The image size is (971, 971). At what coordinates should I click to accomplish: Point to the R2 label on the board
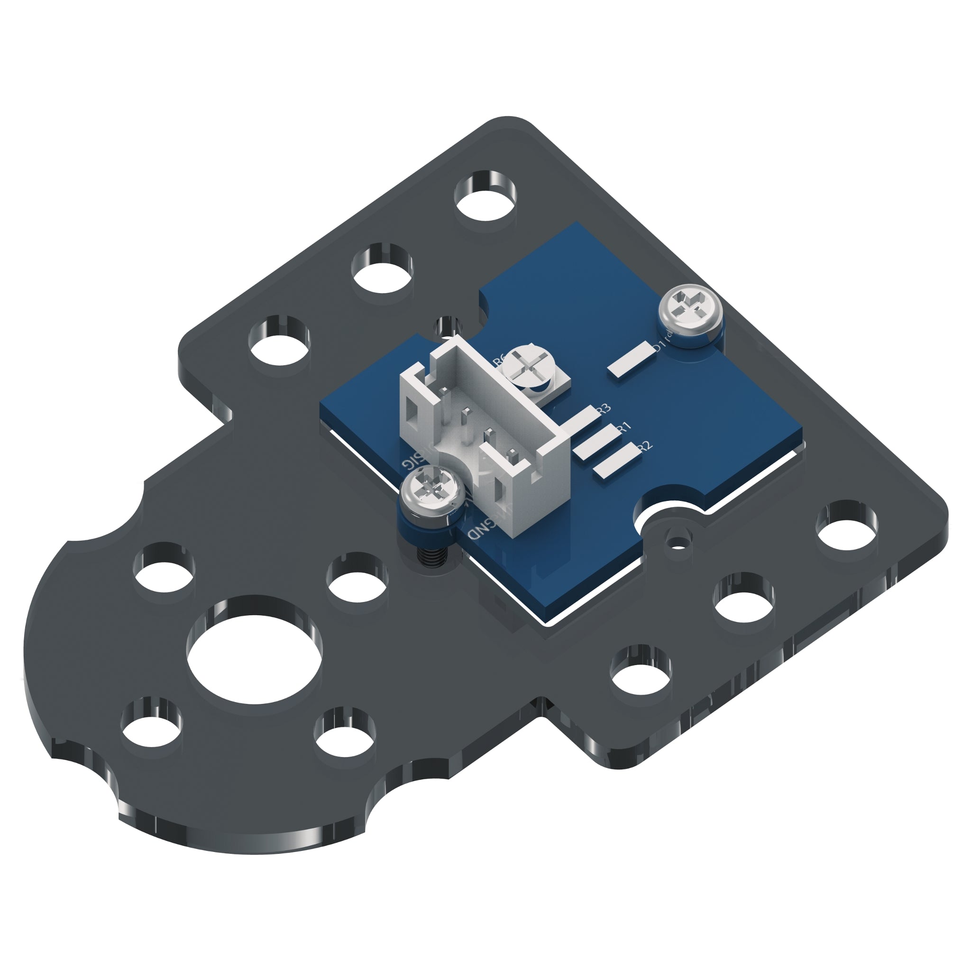pos(644,446)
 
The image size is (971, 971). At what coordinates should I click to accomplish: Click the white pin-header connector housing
pos(483,427)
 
